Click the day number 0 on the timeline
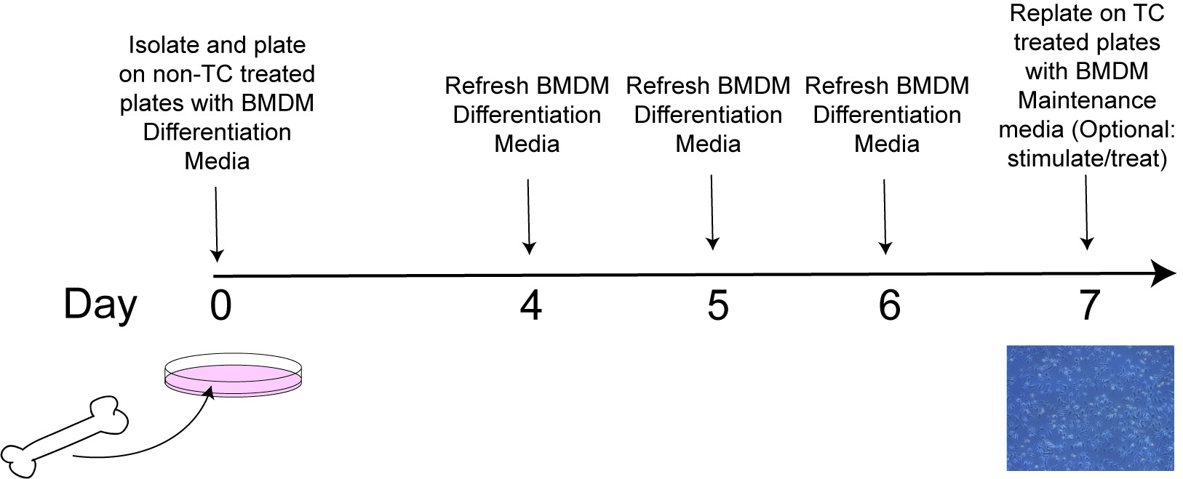pos(220,306)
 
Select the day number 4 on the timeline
pos(531,306)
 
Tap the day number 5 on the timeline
pos(717,306)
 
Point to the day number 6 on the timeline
pos(889,306)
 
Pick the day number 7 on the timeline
pos(1089,306)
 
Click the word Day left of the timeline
pos(100,305)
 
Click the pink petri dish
pos(233,375)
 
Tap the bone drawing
pos(64,437)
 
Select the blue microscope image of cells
pos(1090,408)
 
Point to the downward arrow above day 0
pos(217,224)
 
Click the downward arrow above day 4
pos(529,217)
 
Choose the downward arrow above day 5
pos(712,212)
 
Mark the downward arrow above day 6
pos(885,217)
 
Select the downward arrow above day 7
pos(1086,212)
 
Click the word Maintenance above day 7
pos(1087,100)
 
